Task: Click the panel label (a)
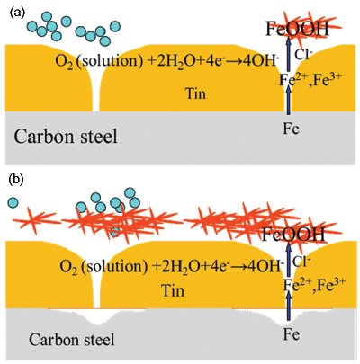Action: point(17,13)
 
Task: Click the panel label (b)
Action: point(17,180)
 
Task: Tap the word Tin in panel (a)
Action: point(195,93)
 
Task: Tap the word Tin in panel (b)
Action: point(173,290)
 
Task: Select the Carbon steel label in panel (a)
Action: point(66,137)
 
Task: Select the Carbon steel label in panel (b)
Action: point(72,340)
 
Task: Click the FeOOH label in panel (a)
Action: point(297,30)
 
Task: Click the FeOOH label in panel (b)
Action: point(293,235)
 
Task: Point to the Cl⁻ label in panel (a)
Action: point(301,54)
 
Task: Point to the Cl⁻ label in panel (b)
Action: point(300,262)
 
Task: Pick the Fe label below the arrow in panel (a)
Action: point(292,129)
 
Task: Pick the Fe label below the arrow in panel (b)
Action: point(292,334)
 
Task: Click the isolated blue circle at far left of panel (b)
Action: point(13,203)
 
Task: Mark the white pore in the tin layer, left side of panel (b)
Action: point(96,288)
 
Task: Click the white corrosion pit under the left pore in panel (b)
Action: point(96,316)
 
